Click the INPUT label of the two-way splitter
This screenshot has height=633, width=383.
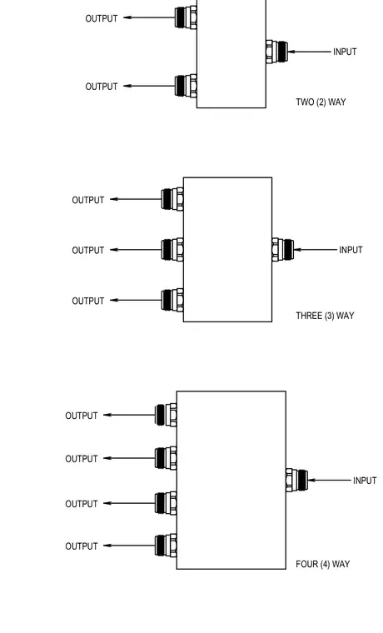(345, 52)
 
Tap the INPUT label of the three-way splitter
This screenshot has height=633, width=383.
(351, 250)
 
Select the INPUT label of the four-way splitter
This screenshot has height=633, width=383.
(365, 481)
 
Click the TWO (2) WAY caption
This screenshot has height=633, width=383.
(321, 102)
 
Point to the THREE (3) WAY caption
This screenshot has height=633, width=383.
(325, 316)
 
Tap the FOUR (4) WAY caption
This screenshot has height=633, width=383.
(323, 564)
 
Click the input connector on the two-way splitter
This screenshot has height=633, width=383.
(276, 52)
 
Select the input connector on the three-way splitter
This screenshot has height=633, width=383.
(282, 250)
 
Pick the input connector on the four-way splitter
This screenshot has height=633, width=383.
(296, 481)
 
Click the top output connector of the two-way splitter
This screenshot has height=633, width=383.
(186, 17)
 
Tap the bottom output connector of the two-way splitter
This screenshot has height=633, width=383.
(186, 86)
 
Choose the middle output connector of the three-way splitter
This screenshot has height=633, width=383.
(172, 250)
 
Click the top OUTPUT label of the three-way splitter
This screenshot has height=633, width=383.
(88, 200)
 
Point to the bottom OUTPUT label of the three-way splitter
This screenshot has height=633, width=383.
(88, 302)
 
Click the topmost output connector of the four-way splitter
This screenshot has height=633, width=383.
(166, 415)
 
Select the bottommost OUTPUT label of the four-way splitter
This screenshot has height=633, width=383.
(82, 546)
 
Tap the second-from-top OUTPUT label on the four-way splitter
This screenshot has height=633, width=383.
(82, 459)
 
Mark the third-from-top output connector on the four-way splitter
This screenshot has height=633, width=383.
(166, 503)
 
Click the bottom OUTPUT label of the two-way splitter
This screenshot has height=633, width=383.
(102, 87)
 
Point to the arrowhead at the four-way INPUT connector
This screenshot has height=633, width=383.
(311, 481)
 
